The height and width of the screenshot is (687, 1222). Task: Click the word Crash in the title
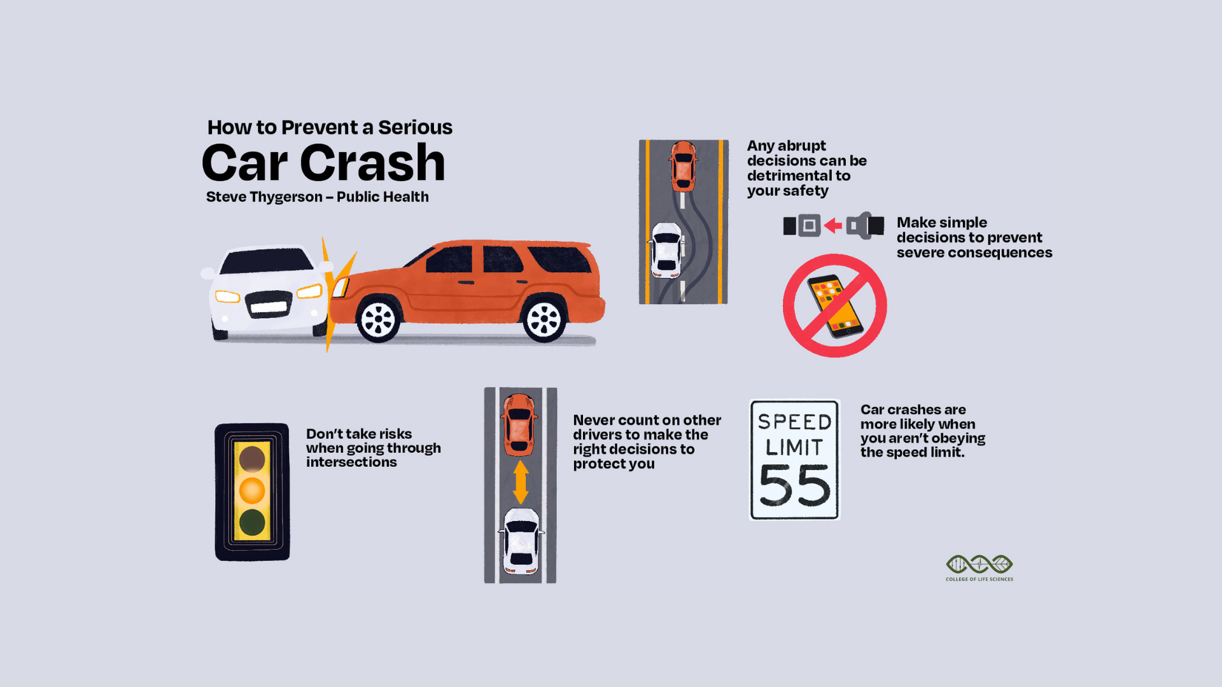372,163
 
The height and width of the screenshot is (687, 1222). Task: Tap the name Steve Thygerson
264,197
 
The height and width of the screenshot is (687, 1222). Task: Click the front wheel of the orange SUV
379,319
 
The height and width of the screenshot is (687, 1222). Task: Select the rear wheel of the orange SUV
544,319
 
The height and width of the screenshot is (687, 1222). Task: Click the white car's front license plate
269,308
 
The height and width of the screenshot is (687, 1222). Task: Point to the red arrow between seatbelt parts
832,226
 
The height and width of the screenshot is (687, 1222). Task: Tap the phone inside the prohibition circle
835,306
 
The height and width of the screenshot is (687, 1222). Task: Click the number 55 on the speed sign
795,485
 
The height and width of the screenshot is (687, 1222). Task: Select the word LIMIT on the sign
795,447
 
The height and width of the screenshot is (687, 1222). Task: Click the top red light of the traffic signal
252,459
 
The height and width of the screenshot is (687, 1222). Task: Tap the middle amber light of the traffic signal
252,490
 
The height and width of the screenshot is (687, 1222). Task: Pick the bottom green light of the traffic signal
252,522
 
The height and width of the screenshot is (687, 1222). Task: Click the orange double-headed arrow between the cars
521,482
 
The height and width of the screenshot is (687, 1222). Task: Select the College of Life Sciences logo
980,567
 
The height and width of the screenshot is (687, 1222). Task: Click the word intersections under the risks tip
351,462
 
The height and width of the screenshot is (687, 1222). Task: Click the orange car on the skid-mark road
683,166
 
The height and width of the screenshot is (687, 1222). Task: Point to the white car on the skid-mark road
666,250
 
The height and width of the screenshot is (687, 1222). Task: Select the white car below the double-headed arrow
521,541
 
